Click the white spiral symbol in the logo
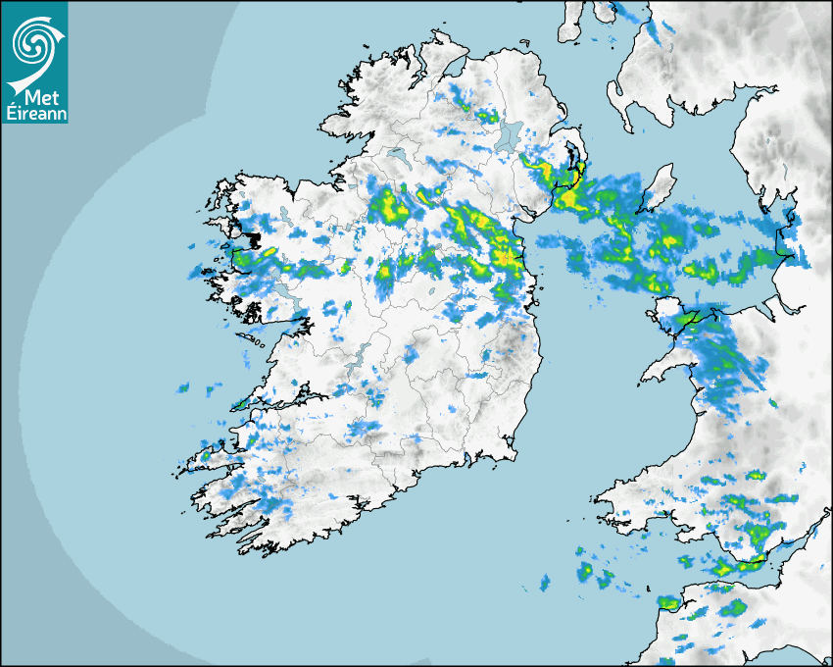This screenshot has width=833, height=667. [32, 42]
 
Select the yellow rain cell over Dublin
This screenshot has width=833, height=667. [506, 257]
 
